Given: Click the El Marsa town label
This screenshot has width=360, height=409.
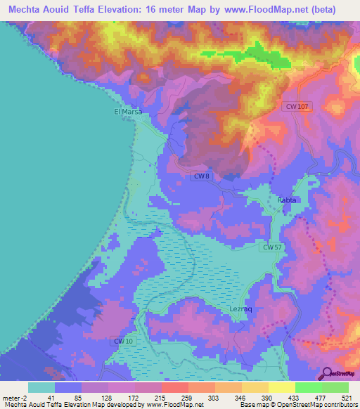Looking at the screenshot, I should [x=128, y=111].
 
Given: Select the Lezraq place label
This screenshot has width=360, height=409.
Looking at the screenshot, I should [x=241, y=309].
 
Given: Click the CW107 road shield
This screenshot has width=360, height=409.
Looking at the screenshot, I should [x=297, y=106].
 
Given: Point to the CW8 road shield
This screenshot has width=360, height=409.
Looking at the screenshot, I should [x=201, y=176].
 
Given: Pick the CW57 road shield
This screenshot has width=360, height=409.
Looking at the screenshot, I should [x=274, y=247].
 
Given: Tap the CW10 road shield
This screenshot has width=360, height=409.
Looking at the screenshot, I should [x=123, y=341].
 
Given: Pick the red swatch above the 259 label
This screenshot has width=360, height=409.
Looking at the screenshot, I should [x=174, y=387].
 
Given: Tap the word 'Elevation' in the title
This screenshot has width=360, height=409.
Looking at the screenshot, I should [x=120, y=9].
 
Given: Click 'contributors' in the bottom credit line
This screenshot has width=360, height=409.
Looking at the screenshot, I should [x=340, y=405].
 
